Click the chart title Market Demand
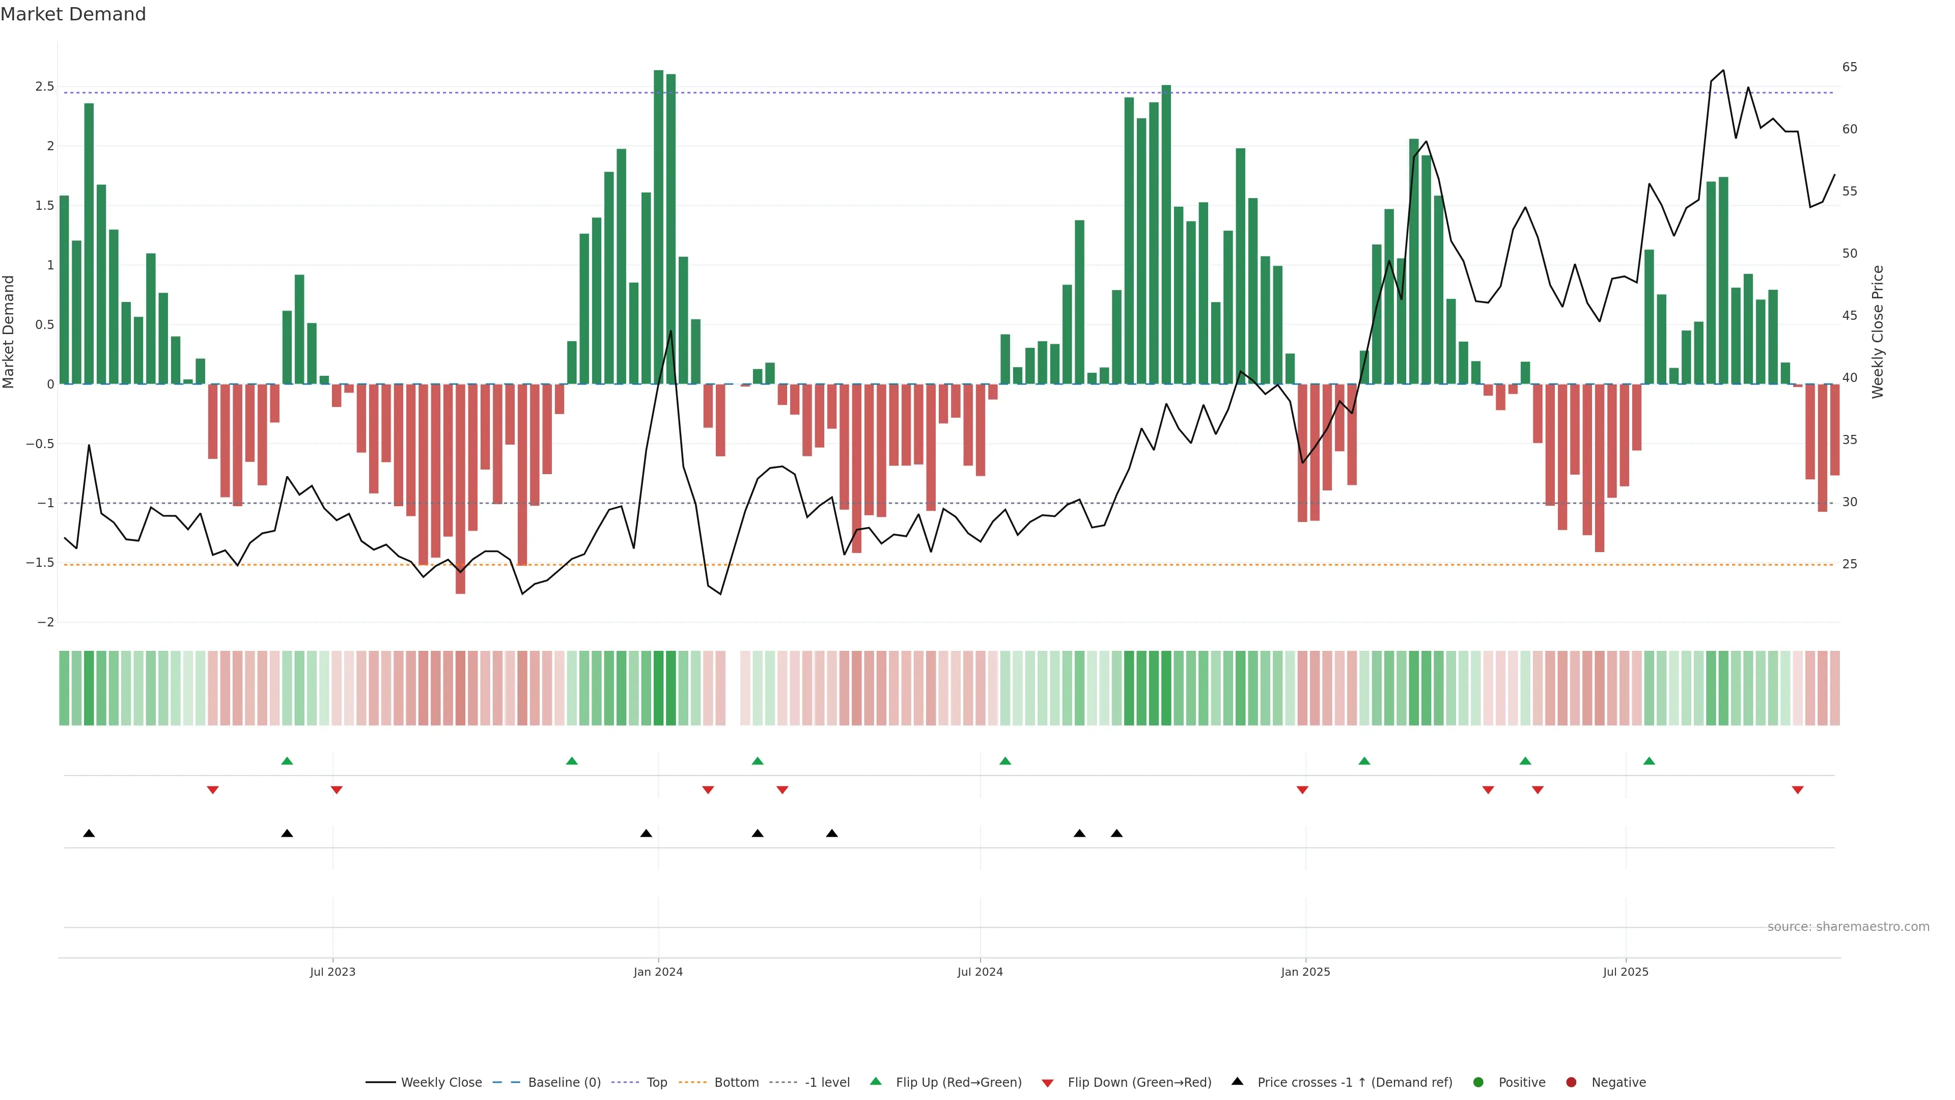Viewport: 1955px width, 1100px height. (x=73, y=14)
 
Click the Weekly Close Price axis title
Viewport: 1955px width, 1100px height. (x=1878, y=332)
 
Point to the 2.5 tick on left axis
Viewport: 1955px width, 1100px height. (x=45, y=87)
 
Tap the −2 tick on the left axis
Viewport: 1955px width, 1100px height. (x=45, y=622)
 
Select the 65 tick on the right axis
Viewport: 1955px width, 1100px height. (x=1850, y=68)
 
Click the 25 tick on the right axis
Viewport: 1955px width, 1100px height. (x=1850, y=564)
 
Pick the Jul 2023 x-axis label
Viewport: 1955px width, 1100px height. (x=332, y=972)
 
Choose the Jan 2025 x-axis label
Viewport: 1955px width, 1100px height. (x=1305, y=972)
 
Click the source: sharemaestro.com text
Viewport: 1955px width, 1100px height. (x=1848, y=927)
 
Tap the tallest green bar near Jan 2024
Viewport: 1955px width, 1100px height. (x=658, y=228)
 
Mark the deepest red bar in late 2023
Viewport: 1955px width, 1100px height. (x=460, y=489)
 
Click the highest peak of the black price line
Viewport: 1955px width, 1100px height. (x=1723, y=71)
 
